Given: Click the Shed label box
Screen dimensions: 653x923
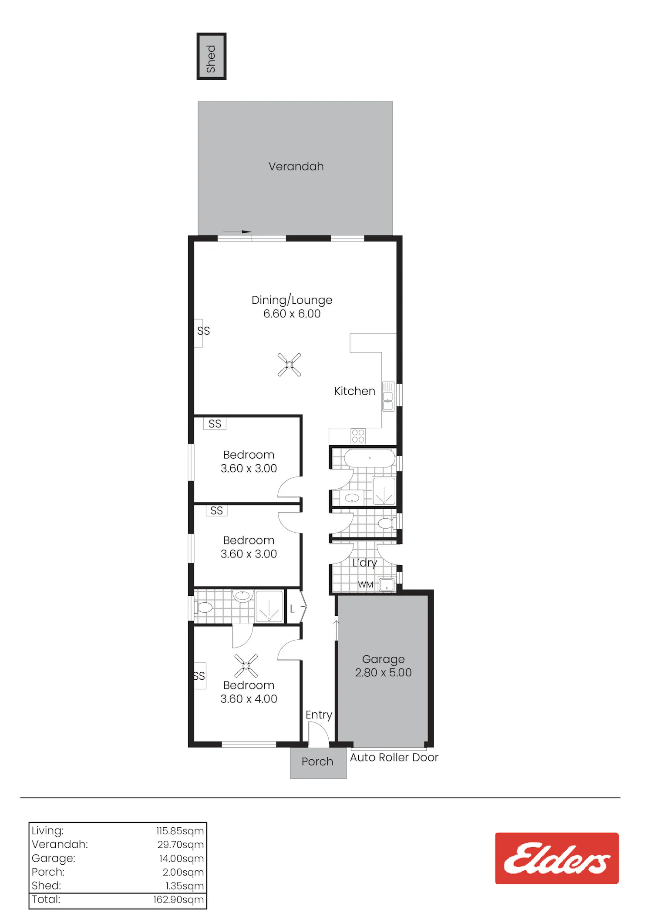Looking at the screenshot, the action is coord(212,56).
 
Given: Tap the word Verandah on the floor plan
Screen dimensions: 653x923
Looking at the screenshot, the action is coord(296,166).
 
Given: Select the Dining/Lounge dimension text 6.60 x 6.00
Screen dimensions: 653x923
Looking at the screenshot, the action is coord(292,314).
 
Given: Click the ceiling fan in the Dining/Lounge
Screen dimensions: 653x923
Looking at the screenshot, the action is coord(289,365).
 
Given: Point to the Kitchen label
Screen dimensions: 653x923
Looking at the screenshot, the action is coord(355,391).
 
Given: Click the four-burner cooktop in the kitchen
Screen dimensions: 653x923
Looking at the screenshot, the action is coord(358,436).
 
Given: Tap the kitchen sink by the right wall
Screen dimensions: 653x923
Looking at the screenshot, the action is coord(388,396).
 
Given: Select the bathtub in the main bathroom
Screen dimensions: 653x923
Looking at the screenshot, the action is coord(370,458).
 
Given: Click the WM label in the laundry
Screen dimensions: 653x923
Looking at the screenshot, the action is coord(366,584).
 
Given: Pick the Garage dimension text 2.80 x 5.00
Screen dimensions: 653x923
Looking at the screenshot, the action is coord(383,672).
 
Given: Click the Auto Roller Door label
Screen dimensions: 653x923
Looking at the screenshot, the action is coord(394,758).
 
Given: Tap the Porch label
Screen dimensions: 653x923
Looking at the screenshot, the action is coord(317,762).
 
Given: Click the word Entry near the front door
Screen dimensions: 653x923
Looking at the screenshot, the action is coord(319,715).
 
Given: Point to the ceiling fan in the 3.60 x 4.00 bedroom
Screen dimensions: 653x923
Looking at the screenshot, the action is coord(246,666).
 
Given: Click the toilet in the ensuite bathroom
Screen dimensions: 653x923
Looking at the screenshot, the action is coord(203,607).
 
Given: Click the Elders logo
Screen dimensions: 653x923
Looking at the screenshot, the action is coord(557,858).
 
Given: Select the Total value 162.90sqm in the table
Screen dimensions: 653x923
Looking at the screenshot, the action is coord(178,900).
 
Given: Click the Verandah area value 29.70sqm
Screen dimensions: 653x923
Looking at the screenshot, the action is coord(181,845).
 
